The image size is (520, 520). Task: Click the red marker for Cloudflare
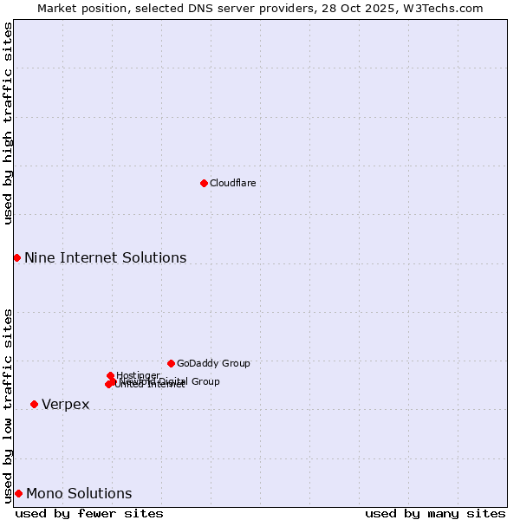pyautogui.click(x=204, y=183)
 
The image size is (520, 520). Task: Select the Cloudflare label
pyautogui.click(x=232, y=183)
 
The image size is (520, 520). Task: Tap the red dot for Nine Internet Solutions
pyautogui.click(x=16, y=257)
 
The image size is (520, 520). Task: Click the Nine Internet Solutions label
pyautogui.click(x=105, y=257)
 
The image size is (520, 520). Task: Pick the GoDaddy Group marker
pyautogui.click(x=171, y=363)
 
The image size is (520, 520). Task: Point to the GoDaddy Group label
pyautogui.click(x=213, y=363)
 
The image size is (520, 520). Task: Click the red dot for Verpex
pyautogui.click(x=34, y=404)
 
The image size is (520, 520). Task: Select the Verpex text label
pyautogui.click(x=65, y=405)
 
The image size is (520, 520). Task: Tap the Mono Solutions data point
pyautogui.click(x=18, y=493)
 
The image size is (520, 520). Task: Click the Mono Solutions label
pyautogui.click(x=79, y=493)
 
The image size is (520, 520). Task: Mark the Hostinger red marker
pyautogui.click(x=110, y=375)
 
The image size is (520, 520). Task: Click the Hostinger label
pyautogui.click(x=138, y=375)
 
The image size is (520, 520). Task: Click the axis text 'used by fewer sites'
pyautogui.click(x=89, y=513)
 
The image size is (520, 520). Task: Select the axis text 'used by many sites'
pyautogui.click(x=435, y=513)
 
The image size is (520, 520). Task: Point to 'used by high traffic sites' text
pyautogui.click(x=9, y=123)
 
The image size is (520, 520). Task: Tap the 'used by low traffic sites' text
pyautogui.click(x=9, y=406)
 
